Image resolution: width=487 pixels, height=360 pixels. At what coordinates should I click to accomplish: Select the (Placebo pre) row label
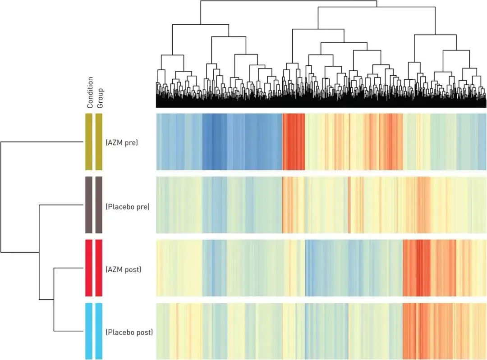127,206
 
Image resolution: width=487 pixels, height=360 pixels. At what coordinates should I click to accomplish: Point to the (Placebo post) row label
129,333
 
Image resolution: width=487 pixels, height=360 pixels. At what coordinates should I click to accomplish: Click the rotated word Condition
90,92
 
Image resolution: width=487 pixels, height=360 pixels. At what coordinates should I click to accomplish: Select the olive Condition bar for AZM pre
89,142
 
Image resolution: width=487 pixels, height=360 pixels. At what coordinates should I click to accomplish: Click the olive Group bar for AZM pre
99,142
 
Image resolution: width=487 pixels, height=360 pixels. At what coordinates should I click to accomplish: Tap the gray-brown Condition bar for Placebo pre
89,205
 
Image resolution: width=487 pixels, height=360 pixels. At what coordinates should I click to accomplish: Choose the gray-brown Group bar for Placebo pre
99,205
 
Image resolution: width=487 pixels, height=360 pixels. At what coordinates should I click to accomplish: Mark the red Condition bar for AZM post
89,268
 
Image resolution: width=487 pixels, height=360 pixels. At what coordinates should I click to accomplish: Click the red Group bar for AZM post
99,268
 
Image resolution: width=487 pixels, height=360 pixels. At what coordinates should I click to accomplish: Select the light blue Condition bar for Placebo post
89,331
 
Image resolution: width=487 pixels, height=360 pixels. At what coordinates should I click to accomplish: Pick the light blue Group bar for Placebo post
99,331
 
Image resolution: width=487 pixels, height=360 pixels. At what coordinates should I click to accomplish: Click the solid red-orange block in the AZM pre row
293,142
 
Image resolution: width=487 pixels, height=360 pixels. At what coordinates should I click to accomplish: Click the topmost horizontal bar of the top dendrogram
289,1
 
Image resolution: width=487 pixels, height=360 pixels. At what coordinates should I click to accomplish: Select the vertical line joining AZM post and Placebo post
54,300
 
